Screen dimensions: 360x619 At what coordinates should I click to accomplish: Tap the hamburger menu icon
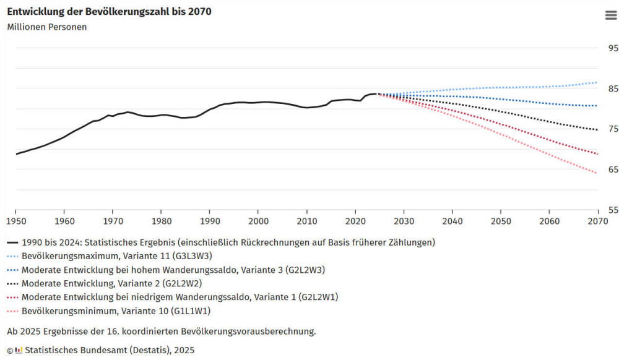point(610,15)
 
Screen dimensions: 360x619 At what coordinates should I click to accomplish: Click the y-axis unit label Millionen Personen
point(47,27)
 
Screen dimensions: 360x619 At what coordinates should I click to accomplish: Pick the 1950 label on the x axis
point(15,221)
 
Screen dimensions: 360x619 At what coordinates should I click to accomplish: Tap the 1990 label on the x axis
point(210,221)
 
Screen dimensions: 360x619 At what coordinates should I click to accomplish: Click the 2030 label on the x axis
point(404,221)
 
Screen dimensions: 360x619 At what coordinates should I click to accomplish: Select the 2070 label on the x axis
point(597,221)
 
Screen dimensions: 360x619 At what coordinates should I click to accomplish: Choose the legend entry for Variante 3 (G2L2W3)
point(173,270)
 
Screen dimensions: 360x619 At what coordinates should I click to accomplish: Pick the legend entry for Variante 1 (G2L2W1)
point(180,297)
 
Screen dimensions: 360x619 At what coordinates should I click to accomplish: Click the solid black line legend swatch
point(12,242)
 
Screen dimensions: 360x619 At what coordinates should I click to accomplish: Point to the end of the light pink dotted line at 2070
point(597,173)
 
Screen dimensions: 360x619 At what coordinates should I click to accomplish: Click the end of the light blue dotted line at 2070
point(597,82)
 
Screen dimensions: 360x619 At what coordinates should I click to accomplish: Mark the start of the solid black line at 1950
point(16,154)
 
